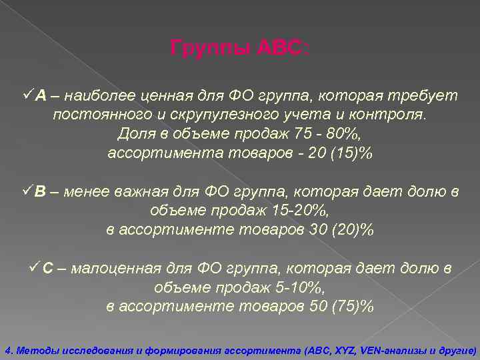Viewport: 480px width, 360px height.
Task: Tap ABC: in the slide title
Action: (283, 48)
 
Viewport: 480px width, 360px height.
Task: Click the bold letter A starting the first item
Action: (41, 96)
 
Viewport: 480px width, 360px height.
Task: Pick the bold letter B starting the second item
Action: (41, 193)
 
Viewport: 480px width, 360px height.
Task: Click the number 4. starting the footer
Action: (8, 349)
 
